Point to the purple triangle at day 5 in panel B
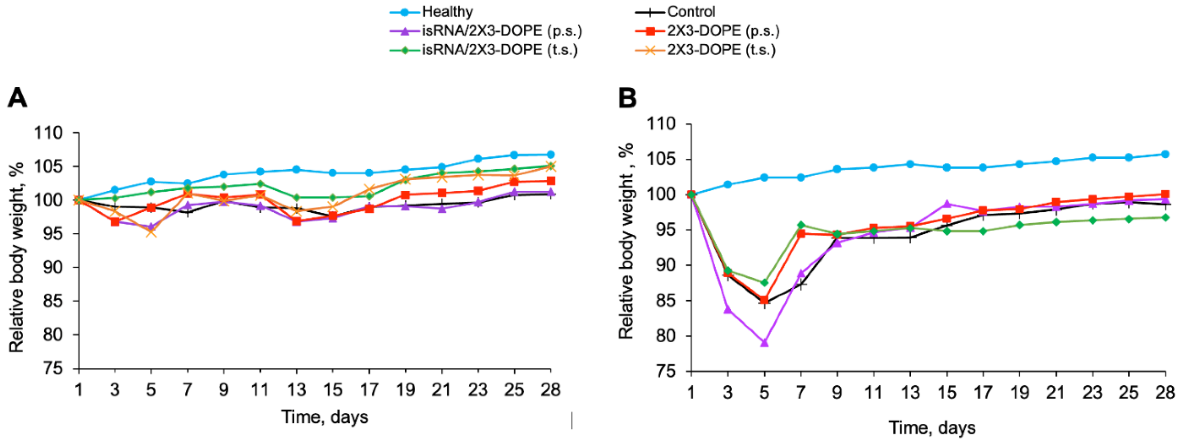(x=764, y=343)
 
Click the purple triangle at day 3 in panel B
(x=727, y=310)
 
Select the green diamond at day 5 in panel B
(x=764, y=283)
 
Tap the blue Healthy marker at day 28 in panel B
(x=1166, y=154)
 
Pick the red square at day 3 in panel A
(x=115, y=222)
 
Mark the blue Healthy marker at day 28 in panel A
(x=550, y=154)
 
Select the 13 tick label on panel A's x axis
(x=296, y=390)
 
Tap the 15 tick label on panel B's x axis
(x=946, y=392)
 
